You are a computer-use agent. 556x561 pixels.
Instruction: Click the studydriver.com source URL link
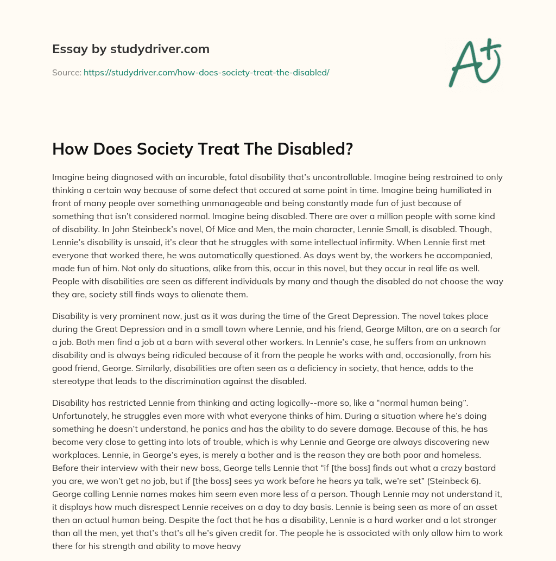pos(206,72)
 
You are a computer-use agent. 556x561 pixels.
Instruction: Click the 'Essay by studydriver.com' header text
pos(130,49)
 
